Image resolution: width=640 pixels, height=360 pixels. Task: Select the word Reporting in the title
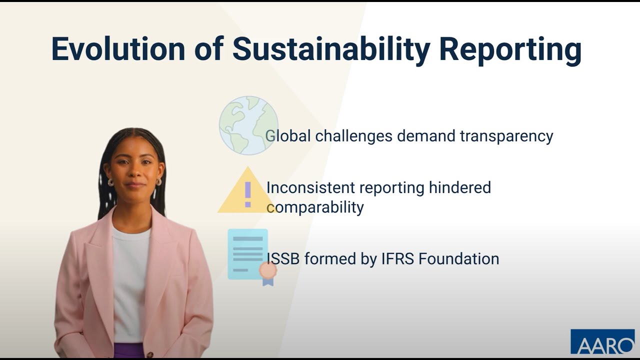[510, 49]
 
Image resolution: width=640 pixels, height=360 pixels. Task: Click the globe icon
[248, 125]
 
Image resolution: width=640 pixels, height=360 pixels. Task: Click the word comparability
[315, 207]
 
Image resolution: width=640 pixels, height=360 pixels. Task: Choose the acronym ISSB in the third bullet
[283, 258]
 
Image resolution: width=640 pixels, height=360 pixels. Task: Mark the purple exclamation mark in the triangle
[247, 194]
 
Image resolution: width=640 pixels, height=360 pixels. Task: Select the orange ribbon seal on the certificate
[268, 270]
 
